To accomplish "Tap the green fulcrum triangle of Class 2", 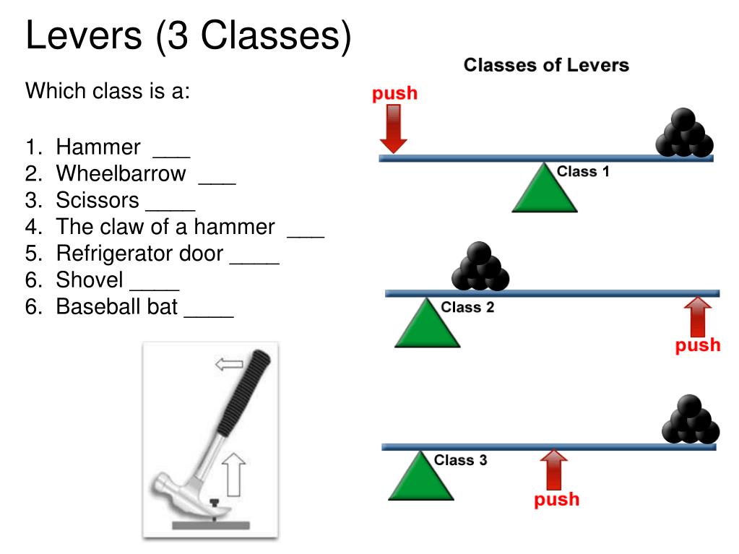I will point(427,326).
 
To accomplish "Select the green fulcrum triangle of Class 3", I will point(421,479).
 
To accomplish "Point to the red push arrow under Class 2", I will point(697,318).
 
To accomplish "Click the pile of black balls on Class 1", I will point(683,134).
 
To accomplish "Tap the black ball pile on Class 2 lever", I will point(480,267).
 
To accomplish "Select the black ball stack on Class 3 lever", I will point(691,421).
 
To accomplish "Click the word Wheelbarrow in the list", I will point(121,174).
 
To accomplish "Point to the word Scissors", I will point(98,200).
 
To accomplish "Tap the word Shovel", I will point(90,280).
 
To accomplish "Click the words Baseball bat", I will point(117,306).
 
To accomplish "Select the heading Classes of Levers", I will point(546,66).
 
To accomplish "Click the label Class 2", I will point(467,308).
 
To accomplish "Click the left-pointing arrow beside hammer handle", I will point(229,365).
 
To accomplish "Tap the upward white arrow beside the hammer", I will point(233,472).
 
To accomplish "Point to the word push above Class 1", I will point(394,93).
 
